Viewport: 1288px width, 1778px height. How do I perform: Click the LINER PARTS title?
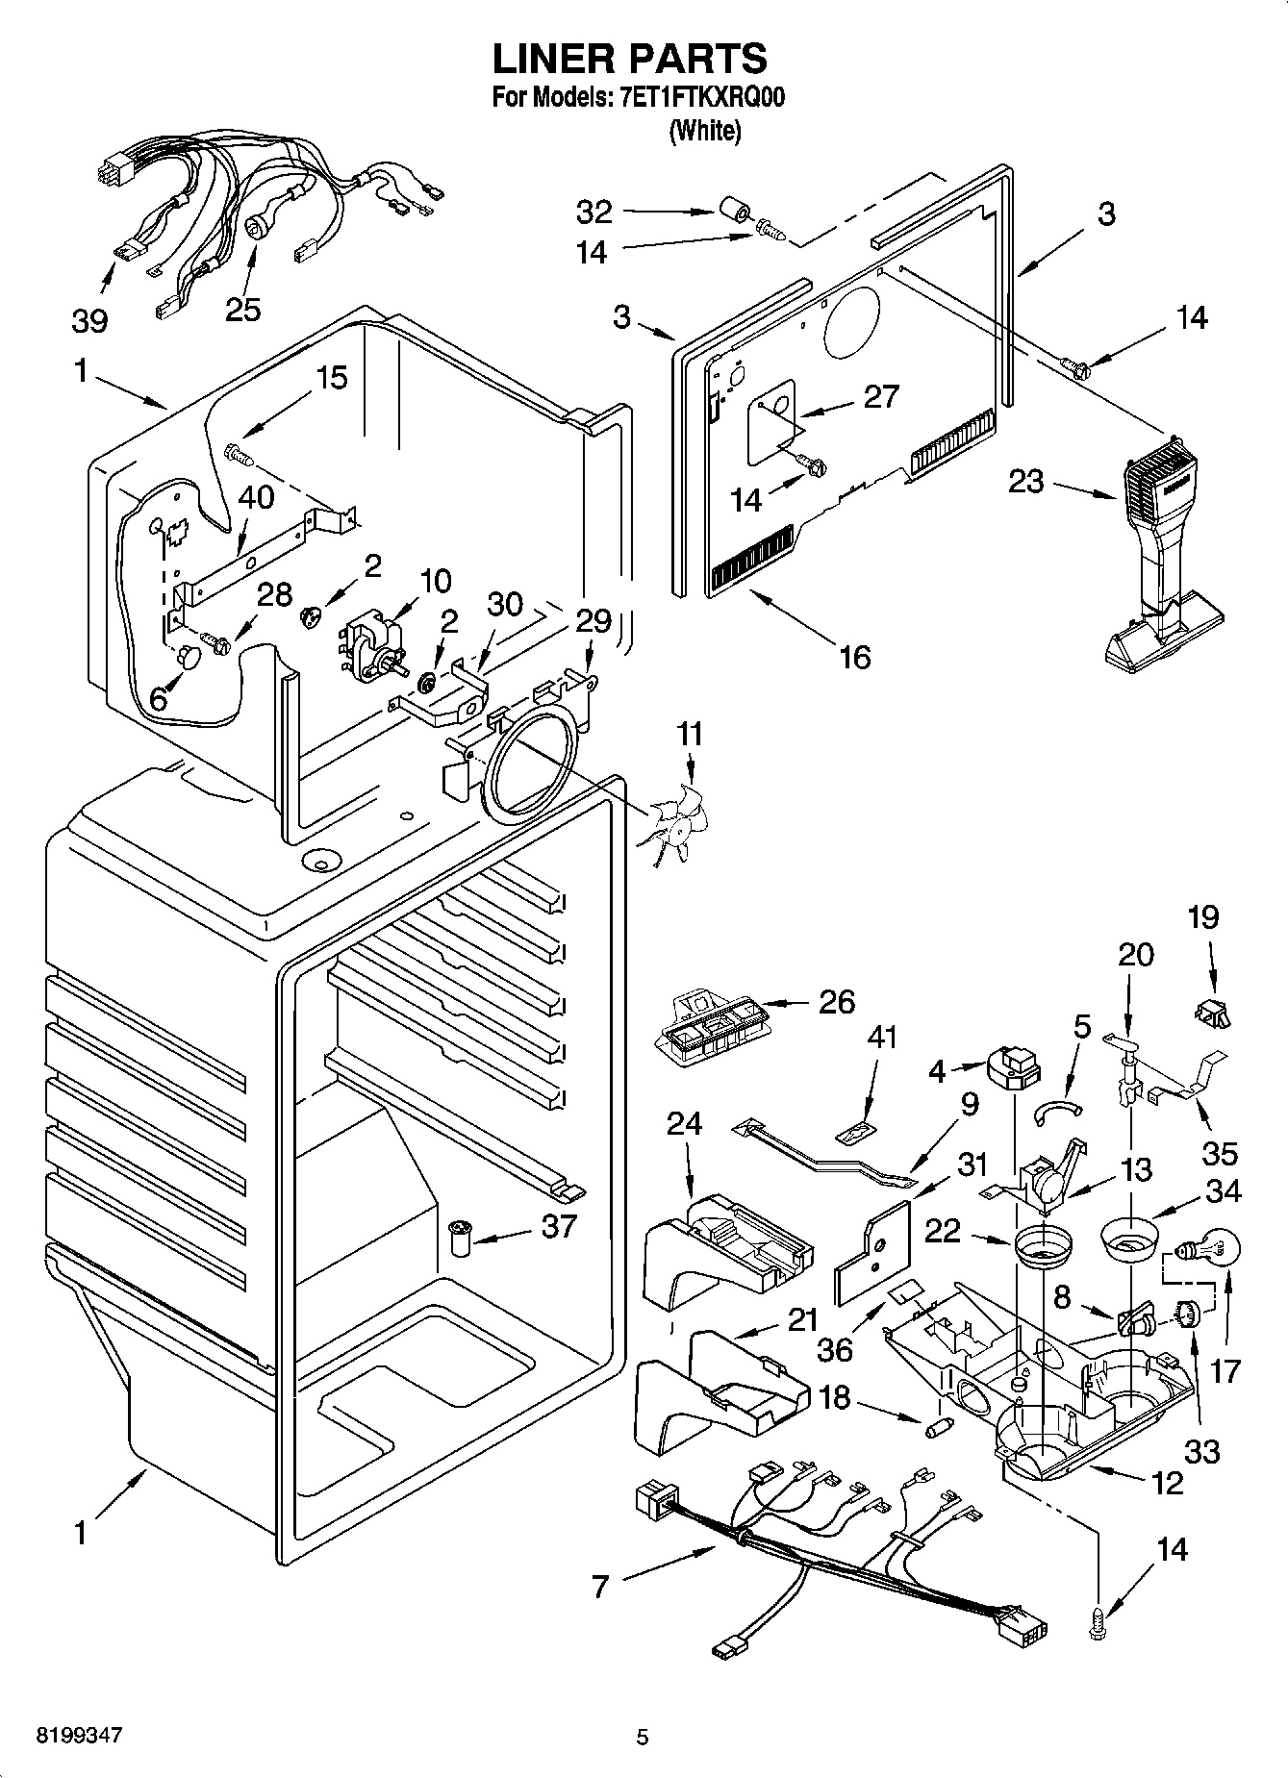[630, 60]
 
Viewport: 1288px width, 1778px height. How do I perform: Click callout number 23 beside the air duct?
[1025, 480]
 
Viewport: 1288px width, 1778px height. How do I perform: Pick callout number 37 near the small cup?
[559, 1226]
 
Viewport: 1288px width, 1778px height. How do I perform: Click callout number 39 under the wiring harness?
[89, 320]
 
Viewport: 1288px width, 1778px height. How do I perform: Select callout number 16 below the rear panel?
[854, 658]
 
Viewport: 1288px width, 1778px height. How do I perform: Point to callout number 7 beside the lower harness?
[600, 1585]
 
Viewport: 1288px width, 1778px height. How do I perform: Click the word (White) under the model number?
[704, 131]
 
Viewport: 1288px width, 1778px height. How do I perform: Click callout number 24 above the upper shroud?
[684, 1123]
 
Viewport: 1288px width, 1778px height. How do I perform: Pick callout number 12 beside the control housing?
[1167, 1483]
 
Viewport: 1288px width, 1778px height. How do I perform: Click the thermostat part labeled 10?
[372, 645]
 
